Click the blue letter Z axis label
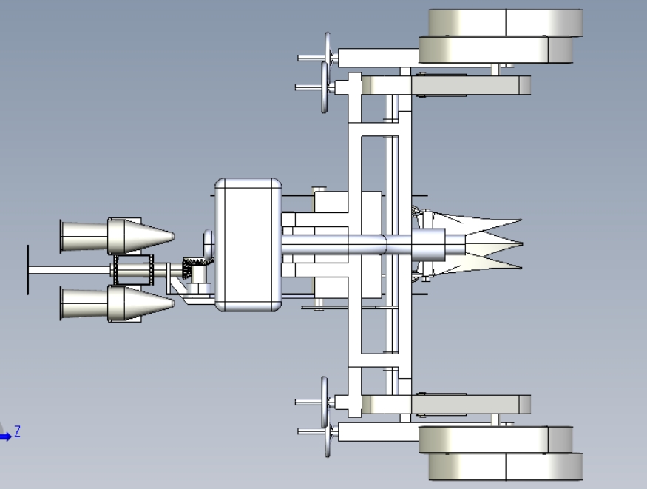[17, 431]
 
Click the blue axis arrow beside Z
[5, 436]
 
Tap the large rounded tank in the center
[248, 245]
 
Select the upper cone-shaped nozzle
[118, 236]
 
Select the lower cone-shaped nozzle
[118, 303]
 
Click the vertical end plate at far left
[27, 270]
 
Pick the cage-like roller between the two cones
[133, 270]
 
